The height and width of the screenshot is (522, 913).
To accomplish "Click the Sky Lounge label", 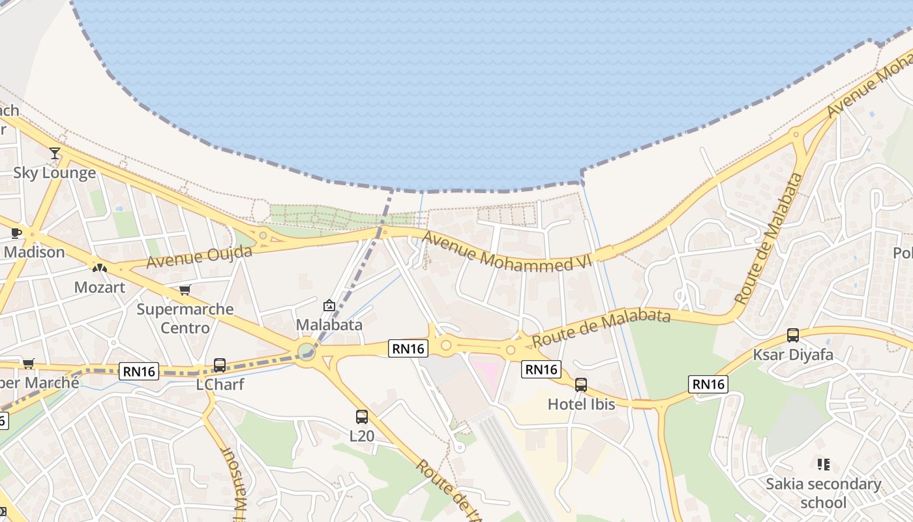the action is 55,173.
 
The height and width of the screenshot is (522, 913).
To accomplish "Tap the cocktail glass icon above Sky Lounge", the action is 55,153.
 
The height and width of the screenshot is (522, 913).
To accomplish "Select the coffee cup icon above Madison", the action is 16,233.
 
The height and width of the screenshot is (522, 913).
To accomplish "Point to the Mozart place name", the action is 99,287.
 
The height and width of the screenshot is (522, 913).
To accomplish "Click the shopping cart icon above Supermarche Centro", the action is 185,290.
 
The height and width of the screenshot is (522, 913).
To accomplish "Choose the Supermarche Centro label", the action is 185,318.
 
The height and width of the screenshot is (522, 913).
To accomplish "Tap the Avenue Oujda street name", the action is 199,257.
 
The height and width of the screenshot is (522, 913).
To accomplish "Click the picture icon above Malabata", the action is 329,305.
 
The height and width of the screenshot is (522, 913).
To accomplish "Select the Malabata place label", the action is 329,324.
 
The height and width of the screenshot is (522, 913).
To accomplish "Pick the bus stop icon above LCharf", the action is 220,365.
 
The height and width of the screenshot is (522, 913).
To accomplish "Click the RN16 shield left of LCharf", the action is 139,372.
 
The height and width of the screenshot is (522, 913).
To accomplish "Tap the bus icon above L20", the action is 362,416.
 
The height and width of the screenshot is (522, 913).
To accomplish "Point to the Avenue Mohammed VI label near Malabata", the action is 506,251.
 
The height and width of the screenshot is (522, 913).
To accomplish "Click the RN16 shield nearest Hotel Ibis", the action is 541,369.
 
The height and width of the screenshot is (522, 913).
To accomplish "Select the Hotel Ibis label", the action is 581,404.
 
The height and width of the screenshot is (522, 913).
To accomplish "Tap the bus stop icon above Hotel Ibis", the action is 581,385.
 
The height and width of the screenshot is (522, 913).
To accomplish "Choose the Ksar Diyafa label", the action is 793,355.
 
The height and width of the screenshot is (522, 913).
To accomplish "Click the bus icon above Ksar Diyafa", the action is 793,335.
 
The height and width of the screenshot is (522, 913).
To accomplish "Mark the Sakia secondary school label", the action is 823,493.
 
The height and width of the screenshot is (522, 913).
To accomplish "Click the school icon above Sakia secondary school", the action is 824,465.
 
